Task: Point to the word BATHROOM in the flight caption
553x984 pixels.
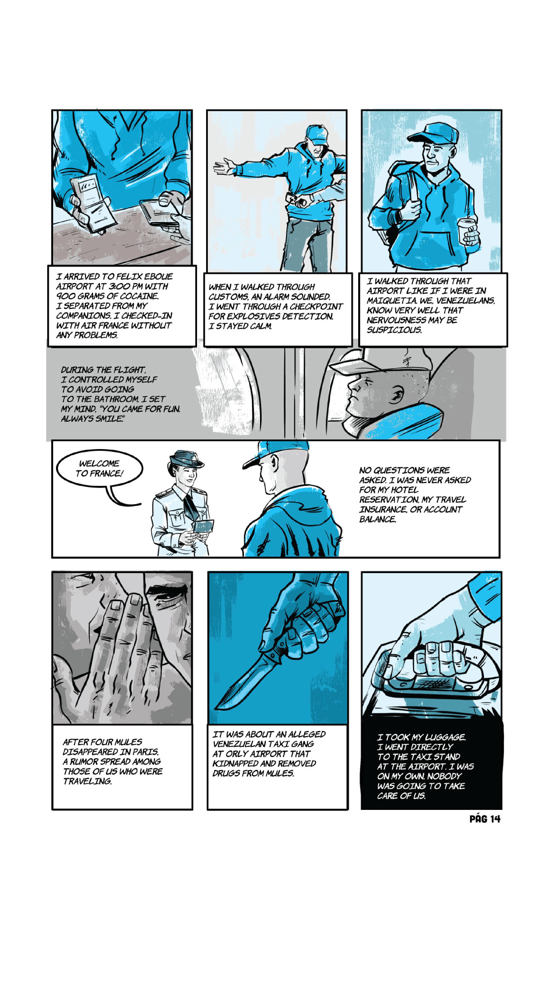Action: point(112,399)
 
